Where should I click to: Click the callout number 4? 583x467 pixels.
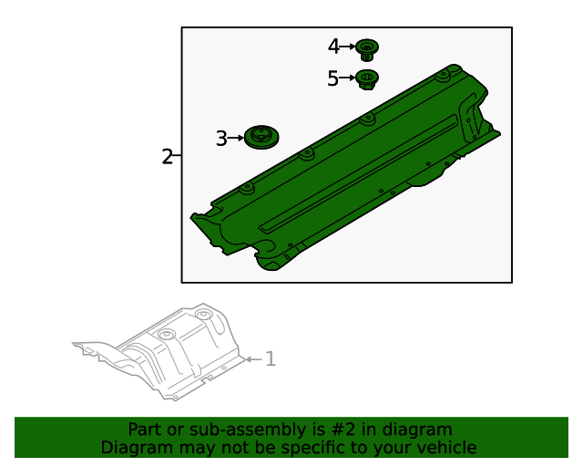(333, 46)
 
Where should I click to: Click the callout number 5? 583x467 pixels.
(332, 79)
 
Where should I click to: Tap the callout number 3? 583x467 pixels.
(221, 139)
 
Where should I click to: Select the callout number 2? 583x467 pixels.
(167, 156)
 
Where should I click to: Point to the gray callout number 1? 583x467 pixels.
(270, 359)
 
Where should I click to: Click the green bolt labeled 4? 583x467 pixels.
(367, 47)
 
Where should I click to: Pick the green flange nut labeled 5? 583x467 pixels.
(366, 79)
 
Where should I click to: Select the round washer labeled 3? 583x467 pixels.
(262, 138)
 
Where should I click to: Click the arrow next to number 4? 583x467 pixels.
(348, 46)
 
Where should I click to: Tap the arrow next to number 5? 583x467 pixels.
(347, 79)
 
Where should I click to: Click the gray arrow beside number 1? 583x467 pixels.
(253, 359)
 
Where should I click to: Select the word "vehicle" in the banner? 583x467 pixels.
(445, 447)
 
